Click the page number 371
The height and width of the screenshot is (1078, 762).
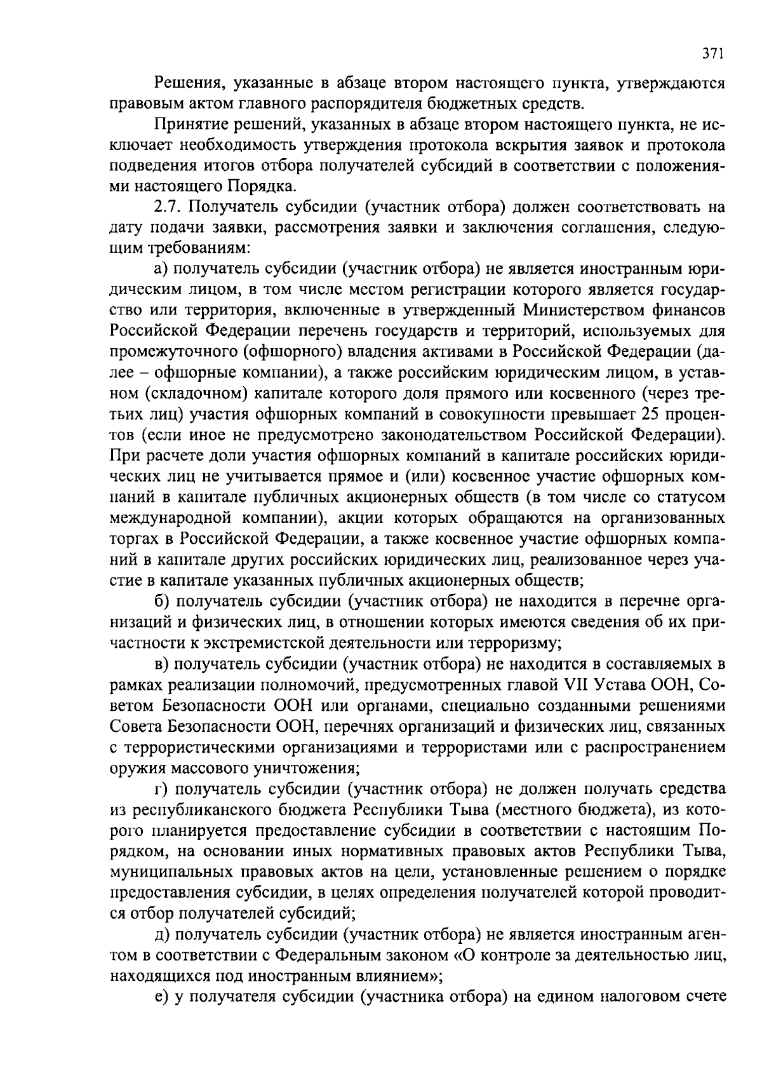point(712,55)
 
